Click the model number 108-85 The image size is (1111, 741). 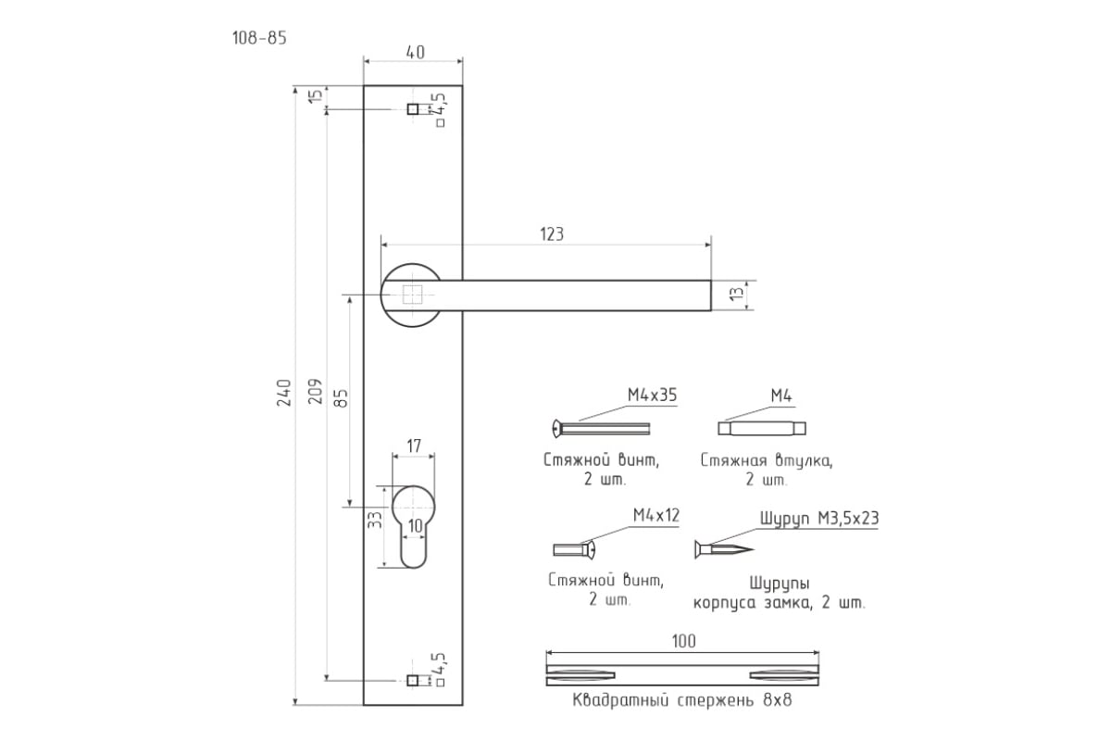click(x=259, y=38)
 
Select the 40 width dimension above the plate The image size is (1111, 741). click(x=415, y=53)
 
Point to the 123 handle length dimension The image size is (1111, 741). click(x=552, y=233)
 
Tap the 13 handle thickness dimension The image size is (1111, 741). click(x=738, y=293)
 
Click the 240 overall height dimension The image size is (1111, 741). click(x=284, y=393)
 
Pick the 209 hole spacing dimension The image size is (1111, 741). click(x=316, y=391)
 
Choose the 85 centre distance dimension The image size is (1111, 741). click(x=342, y=398)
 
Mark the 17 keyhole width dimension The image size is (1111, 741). click(x=414, y=446)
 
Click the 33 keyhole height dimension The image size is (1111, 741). click(x=376, y=520)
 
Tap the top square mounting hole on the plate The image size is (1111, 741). click(x=412, y=108)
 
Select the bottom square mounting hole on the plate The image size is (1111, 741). click(x=412, y=681)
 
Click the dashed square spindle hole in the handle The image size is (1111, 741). click(x=412, y=295)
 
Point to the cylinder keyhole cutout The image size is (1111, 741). click(x=413, y=526)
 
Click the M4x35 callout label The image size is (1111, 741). click(x=652, y=396)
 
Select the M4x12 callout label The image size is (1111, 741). click(x=656, y=516)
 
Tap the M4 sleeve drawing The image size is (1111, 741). click(x=762, y=428)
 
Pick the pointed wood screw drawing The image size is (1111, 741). click(x=724, y=549)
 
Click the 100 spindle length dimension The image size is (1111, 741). click(x=683, y=641)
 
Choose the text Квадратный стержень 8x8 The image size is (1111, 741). click(x=682, y=700)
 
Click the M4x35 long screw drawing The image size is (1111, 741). click(x=601, y=428)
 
